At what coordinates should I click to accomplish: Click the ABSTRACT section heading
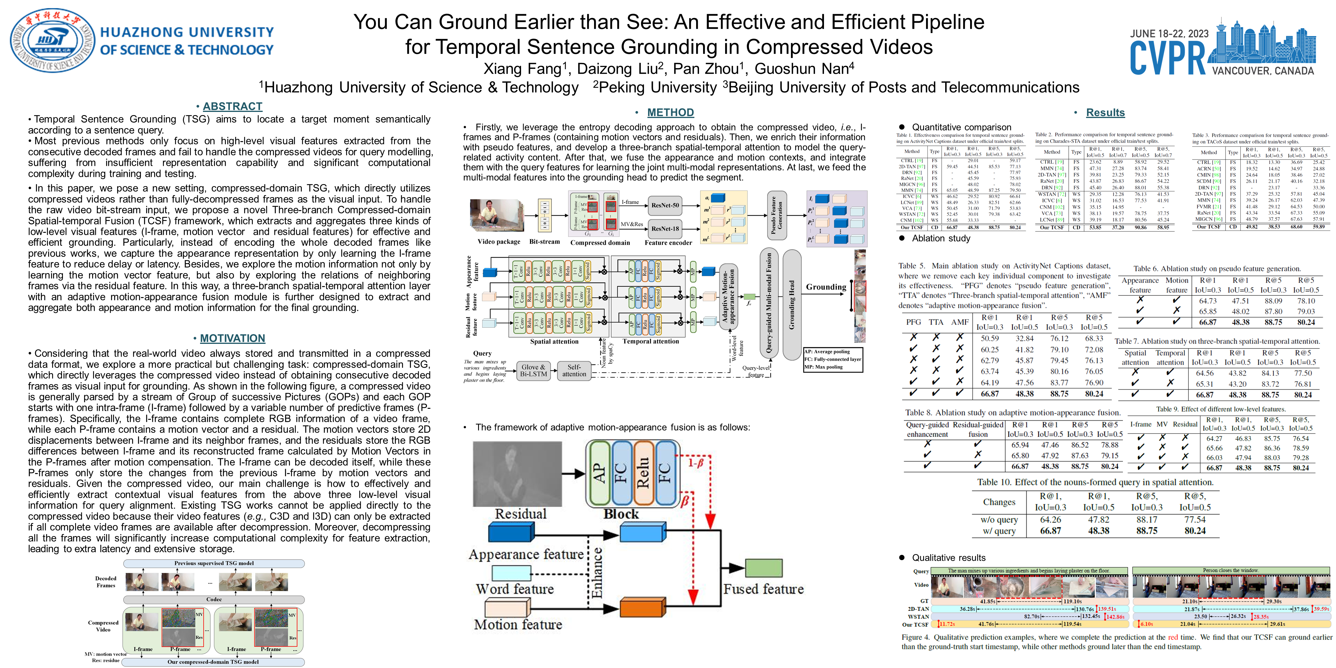pyautogui.click(x=232, y=106)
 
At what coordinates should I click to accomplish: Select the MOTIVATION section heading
pyautogui.click(x=232, y=338)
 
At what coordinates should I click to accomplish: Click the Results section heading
pyautogui.click(x=1105, y=112)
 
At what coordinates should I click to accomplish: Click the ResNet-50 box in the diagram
pyautogui.click(x=665, y=205)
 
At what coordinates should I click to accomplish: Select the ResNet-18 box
pyautogui.click(x=665, y=229)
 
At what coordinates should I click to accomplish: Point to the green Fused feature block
pyautogui.click(x=763, y=568)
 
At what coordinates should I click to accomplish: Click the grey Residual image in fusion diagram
pyautogui.click(x=517, y=473)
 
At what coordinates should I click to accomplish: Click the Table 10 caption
pyautogui.click(x=1095, y=482)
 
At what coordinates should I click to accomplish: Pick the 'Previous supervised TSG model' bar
pyautogui.click(x=214, y=563)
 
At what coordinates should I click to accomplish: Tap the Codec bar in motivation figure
pyautogui.click(x=214, y=600)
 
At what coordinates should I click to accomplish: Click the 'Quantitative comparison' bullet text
pyautogui.click(x=961, y=127)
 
